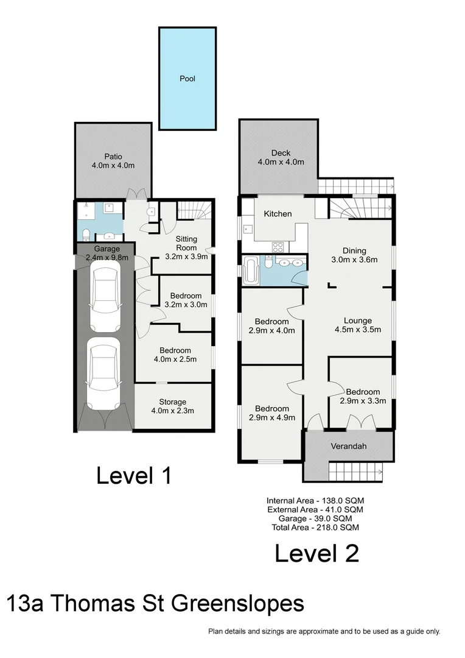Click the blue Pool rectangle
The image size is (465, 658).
tap(187, 78)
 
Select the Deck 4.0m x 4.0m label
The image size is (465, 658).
tap(281, 157)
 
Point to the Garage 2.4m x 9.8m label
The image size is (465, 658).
tap(107, 253)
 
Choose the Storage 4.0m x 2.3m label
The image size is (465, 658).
tap(173, 406)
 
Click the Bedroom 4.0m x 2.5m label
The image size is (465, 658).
tap(175, 355)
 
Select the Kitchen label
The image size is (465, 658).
tap(277, 214)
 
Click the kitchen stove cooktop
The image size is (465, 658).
tap(278, 247)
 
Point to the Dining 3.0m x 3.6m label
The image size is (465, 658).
tap(354, 255)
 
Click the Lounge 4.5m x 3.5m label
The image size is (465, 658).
tap(357, 325)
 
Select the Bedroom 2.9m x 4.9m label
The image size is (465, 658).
tap(272, 412)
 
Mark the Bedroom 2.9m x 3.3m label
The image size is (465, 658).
tap(363, 396)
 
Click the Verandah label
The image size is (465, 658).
tap(348, 446)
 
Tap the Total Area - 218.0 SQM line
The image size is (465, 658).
tap(315, 528)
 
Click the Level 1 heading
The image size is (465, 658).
tap(134, 475)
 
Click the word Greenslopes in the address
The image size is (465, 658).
tap(239, 604)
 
